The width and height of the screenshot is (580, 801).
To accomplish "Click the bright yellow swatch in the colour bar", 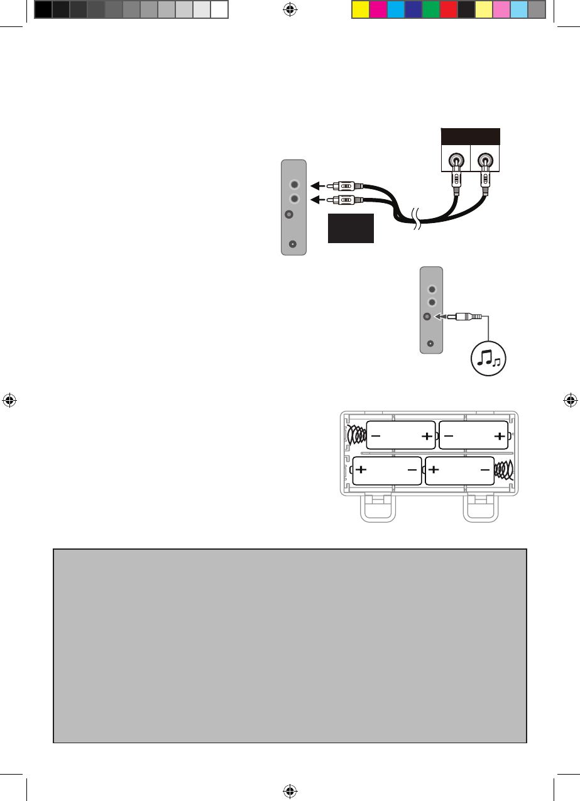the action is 360,9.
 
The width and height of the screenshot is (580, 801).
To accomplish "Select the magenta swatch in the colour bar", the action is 378,9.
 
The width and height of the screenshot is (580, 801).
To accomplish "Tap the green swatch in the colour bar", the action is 430,9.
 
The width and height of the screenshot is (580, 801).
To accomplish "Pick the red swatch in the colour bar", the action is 448,9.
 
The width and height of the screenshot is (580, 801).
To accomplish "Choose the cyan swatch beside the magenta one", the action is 395,9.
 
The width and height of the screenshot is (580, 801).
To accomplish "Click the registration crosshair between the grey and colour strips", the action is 290,9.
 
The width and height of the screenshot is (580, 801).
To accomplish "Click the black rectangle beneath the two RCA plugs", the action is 351,228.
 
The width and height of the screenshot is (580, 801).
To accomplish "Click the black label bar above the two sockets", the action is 471,136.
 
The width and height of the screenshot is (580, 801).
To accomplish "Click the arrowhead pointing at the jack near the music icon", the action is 438,317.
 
